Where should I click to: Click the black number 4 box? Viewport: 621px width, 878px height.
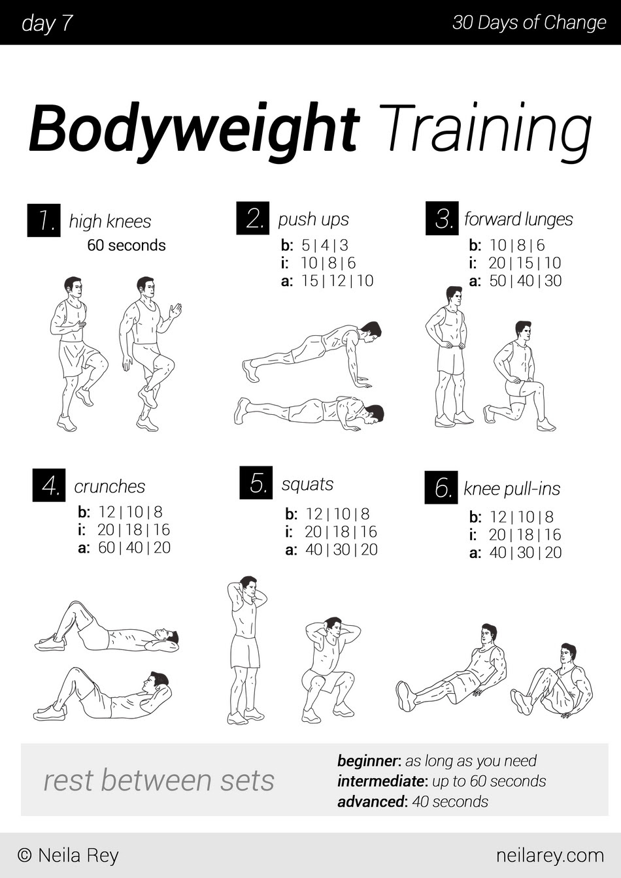coord(49,485)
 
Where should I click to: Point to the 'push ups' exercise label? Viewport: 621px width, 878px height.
coord(313,219)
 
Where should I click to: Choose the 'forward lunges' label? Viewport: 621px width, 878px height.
coord(518,219)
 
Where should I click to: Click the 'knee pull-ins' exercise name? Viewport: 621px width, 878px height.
coord(511,489)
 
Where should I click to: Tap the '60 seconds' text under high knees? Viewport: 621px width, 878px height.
coord(126,246)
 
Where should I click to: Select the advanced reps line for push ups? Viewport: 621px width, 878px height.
coord(327,281)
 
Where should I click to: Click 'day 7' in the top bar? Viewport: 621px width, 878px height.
coord(46,23)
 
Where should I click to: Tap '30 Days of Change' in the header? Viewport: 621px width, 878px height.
coord(529,23)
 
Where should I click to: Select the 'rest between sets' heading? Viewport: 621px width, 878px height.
coord(159,780)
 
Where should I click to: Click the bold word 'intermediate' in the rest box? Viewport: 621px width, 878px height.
coord(380,781)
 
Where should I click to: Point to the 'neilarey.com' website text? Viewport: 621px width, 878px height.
coord(550,854)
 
